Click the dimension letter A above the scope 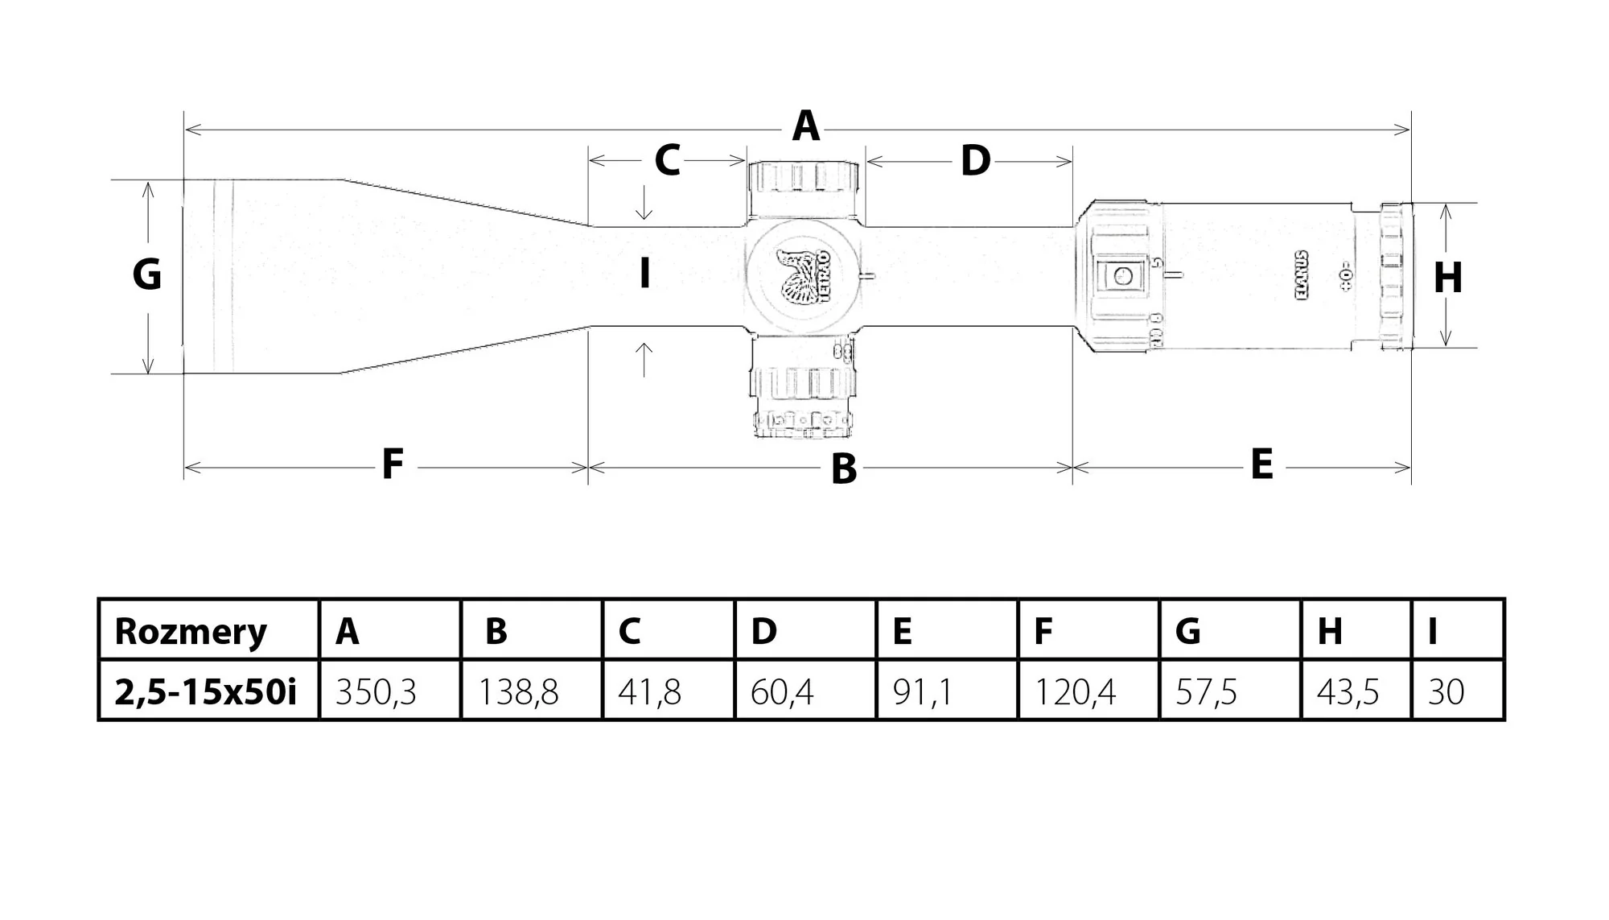(x=805, y=127)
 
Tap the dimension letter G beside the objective (x=147, y=274)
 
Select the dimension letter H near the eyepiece (x=1448, y=278)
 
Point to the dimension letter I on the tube (x=644, y=274)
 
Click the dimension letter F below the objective (x=392, y=464)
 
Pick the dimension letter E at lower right (x=1261, y=464)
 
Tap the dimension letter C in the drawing (x=667, y=160)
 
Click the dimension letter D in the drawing (x=975, y=162)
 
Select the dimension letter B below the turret (x=843, y=468)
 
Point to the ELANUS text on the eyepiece (x=1302, y=275)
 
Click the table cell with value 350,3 (x=376, y=691)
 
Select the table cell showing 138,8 (x=518, y=691)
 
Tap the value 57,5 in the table (x=1206, y=691)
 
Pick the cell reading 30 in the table (x=1446, y=691)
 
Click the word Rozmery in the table (x=191, y=631)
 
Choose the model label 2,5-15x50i (x=205, y=691)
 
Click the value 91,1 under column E (x=923, y=691)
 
